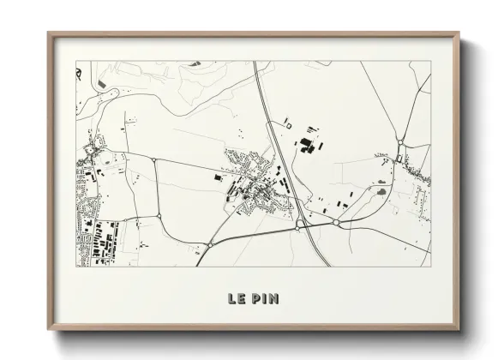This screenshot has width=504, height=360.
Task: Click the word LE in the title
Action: [236, 299]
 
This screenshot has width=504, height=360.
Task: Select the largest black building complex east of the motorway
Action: [306, 147]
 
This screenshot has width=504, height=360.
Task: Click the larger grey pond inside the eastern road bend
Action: [381, 192]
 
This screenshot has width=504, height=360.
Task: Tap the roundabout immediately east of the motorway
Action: [337, 223]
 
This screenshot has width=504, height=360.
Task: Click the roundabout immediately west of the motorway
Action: [297, 227]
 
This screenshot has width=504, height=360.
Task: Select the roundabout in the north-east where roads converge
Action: [399, 141]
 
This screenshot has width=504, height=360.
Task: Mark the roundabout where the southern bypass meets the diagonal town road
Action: [210, 244]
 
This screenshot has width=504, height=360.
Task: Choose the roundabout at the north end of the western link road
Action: [153, 159]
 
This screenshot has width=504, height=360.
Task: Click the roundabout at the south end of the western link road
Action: [160, 215]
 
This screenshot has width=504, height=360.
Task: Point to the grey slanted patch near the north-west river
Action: [104, 85]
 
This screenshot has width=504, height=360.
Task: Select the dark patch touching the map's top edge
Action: [195, 63]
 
